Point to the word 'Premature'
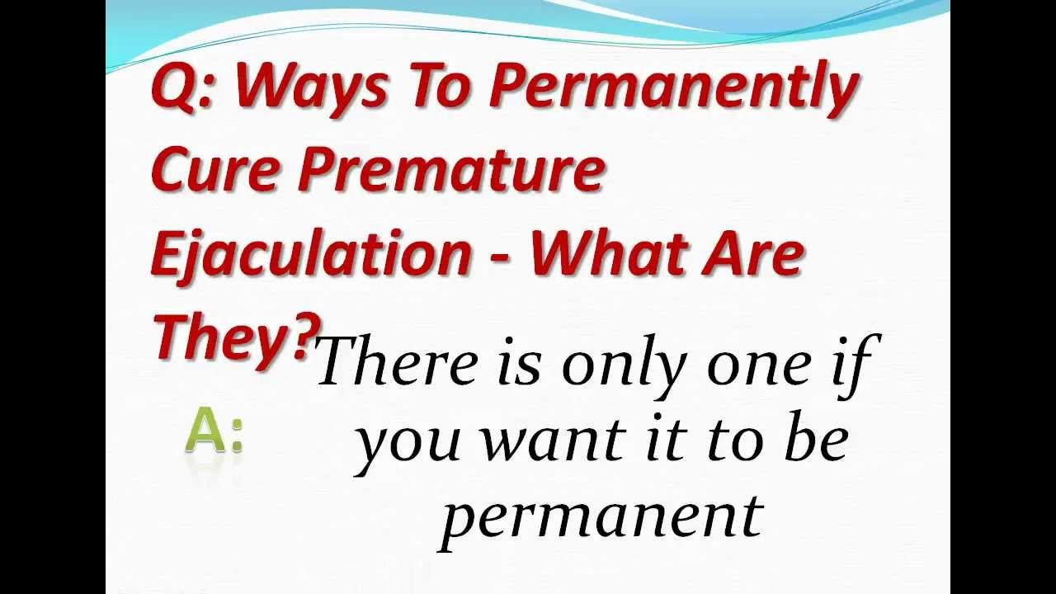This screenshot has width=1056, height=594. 450,168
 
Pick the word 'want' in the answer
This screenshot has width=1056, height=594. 552,441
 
